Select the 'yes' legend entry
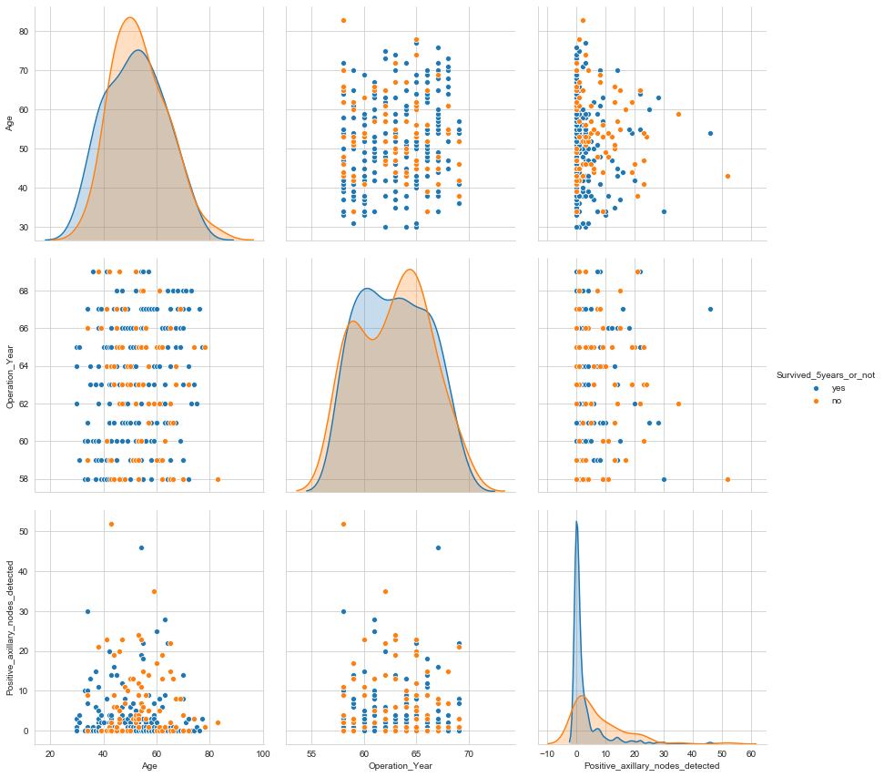coord(824,388)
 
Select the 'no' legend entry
coord(823,401)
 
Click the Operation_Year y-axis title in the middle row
coord(10,373)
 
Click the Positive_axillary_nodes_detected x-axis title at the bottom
coord(652,766)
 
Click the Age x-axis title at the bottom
coord(148,766)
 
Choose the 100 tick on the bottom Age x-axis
coord(263,754)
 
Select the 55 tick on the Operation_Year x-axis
coord(312,754)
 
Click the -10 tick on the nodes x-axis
coord(547,754)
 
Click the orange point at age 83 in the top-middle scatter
coord(343,20)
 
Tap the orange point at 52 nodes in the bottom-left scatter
coord(111,524)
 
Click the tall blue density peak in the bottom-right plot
coord(576,523)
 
